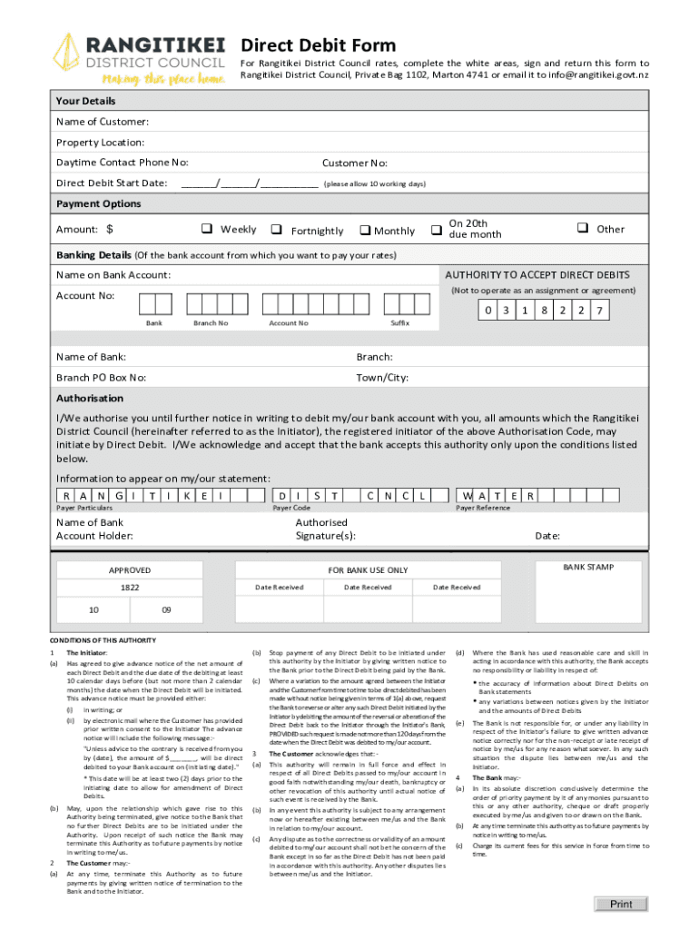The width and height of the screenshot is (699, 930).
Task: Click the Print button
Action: pos(621,904)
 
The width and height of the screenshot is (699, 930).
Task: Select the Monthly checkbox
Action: pos(366,230)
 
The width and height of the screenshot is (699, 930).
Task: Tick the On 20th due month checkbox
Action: pos(436,229)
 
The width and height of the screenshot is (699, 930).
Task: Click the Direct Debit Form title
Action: pos(318,45)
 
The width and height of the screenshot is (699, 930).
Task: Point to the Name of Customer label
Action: pos(103,122)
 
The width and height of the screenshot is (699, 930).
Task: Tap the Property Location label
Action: pos(100,143)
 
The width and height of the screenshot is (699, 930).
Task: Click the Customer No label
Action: pos(355,163)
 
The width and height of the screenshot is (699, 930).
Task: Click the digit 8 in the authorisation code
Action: pos(545,311)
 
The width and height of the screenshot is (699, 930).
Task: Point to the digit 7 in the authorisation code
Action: pos(598,311)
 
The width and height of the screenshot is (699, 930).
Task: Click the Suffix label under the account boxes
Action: pos(399,323)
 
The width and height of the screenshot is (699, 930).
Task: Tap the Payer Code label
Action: pos(291,508)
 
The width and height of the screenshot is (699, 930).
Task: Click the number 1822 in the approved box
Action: pos(130,588)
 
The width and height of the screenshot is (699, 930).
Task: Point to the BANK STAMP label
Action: pos(588,568)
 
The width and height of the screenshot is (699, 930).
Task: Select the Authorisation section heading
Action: pos(90,398)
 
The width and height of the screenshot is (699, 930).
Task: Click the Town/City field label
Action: pos(382,377)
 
